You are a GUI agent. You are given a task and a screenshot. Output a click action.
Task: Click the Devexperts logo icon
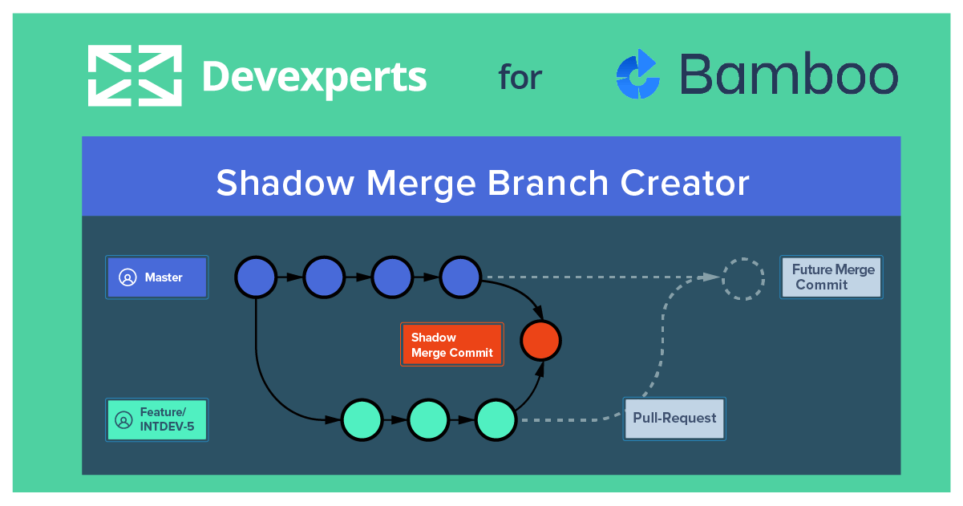pyautogui.click(x=134, y=75)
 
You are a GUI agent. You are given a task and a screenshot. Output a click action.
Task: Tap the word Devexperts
pyautogui.click(x=314, y=77)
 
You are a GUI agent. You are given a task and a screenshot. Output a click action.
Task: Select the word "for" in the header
pyautogui.click(x=520, y=78)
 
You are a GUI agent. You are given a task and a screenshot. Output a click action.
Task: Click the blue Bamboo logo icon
pyautogui.click(x=638, y=75)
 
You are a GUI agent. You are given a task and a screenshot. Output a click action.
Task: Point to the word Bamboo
pyautogui.click(x=788, y=75)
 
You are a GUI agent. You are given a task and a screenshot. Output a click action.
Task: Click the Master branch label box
pyautogui.click(x=157, y=277)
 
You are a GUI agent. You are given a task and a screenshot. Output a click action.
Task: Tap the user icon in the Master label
pyautogui.click(x=127, y=277)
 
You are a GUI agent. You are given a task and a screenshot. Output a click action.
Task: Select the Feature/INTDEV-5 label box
pyautogui.click(x=157, y=419)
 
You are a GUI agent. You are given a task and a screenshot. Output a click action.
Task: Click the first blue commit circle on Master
pyautogui.click(x=256, y=277)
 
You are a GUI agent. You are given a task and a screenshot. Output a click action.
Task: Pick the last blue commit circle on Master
pyautogui.click(x=460, y=277)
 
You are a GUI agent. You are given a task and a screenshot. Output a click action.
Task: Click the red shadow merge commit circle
pyautogui.click(x=540, y=341)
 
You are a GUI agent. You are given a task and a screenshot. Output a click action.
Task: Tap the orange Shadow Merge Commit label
pyautogui.click(x=452, y=345)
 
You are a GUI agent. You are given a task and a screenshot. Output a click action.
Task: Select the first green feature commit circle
pyautogui.click(x=362, y=419)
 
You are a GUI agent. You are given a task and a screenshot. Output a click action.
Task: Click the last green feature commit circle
pyautogui.click(x=496, y=419)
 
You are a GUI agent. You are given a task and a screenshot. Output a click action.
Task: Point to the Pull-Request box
pyautogui.click(x=674, y=418)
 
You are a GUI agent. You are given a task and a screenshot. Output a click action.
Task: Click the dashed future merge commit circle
pyautogui.click(x=743, y=278)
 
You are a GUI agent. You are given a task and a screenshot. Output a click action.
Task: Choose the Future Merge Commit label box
pyautogui.click(x=831, y=277)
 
